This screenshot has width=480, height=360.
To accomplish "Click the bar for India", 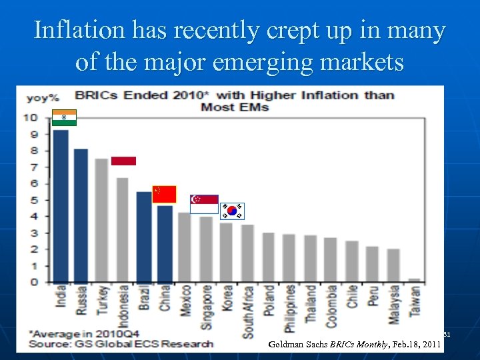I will click(61, 207).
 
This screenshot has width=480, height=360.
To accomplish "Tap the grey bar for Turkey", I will click(102, 221).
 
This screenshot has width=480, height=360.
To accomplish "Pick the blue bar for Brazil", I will click(143, 237).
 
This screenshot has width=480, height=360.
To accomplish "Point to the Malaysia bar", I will click(393, 265).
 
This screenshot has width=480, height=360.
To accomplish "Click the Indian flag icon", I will click(65, 117).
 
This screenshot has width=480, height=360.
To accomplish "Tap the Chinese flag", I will click(164, 194).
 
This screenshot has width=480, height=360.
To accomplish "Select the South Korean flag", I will click(232, 211).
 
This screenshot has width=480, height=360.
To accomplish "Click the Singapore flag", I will click(204, 204).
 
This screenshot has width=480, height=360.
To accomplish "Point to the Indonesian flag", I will click(123, 161).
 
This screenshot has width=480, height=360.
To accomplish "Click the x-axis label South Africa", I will click(247, 311).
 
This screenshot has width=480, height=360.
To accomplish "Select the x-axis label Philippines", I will click(290, 308).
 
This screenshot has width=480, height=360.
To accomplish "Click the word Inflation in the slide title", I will click(80, 30).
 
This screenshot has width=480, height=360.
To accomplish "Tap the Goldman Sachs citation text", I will click(354, 344).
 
